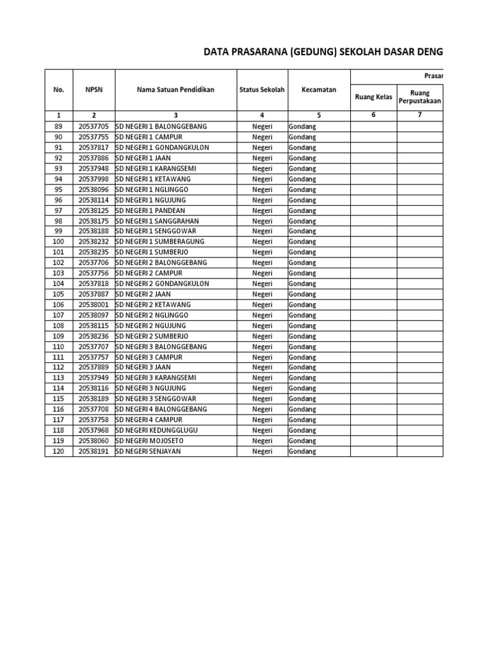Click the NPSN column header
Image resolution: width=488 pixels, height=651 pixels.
coord(93,90)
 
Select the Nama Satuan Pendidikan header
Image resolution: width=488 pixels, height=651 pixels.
coord(176,90)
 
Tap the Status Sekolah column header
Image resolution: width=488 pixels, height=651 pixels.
coord(262,90)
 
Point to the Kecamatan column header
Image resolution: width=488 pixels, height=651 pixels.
coord(319,90)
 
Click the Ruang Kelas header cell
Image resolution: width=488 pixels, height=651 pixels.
coord(373,97)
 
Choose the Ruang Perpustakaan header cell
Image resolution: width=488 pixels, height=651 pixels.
coord(419,97)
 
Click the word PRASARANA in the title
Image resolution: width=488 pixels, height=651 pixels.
coord(254,51)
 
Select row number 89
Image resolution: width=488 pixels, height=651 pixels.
coord(59,127)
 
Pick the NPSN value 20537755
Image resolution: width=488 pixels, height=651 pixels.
coord(93,137)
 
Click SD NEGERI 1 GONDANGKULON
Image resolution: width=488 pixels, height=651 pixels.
coord(162,147)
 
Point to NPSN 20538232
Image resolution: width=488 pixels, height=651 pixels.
coord(93,242)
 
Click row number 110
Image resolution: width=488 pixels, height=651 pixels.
coord(59,346)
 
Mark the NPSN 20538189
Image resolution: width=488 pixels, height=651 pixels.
coord(93,399)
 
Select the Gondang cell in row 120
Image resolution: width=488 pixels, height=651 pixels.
coord(302,451)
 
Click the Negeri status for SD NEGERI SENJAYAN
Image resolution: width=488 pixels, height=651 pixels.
coord(262,451)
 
